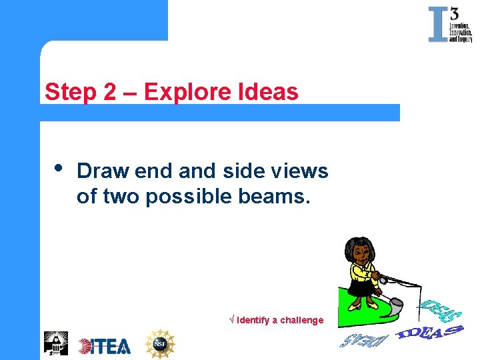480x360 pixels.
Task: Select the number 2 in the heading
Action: (x=111, y=92)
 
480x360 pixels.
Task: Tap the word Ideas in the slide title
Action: (x=267, y=92)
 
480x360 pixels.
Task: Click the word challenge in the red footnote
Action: (x=301, y=320)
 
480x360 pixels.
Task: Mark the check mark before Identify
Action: (x=231, y=320)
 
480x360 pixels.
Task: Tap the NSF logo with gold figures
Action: (x=159, y=344)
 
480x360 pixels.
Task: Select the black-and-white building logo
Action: (x=55, y=343)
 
